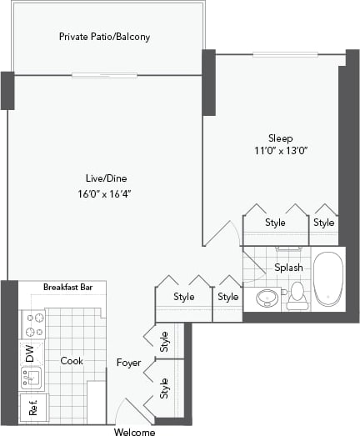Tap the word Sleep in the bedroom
click(x=280, y=137)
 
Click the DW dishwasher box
click(x=31, y=353)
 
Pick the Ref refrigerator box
click(x=33, y=408)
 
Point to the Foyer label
click(x=128, y=363)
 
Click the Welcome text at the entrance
click(x=133, y=431)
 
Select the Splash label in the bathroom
click(x=288, y=268)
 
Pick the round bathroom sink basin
click(x=268, y=297)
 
